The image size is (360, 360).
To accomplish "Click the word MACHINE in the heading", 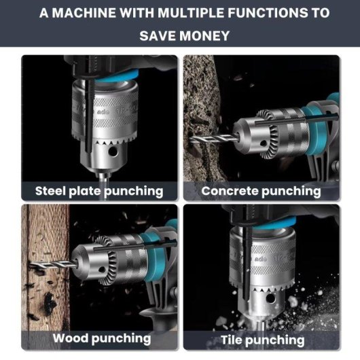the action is coord(84,13).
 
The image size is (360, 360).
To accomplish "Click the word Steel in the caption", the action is coord(50,191).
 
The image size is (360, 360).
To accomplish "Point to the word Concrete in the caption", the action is coord(230,191).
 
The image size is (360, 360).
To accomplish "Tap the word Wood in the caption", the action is coord(71,338).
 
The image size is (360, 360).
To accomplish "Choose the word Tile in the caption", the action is coord(232,340).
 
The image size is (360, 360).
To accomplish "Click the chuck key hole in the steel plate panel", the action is coord(113,151).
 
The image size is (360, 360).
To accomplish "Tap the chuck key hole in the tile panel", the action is coord(270,298).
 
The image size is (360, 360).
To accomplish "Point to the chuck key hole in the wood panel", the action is coord(102,269).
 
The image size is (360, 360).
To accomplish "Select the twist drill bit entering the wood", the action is coord(53,264).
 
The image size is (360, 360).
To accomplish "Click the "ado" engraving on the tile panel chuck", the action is coord(261,259).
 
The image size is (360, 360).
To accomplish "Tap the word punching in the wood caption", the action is coord(121,339).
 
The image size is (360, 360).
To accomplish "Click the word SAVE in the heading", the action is coord(158,36).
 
